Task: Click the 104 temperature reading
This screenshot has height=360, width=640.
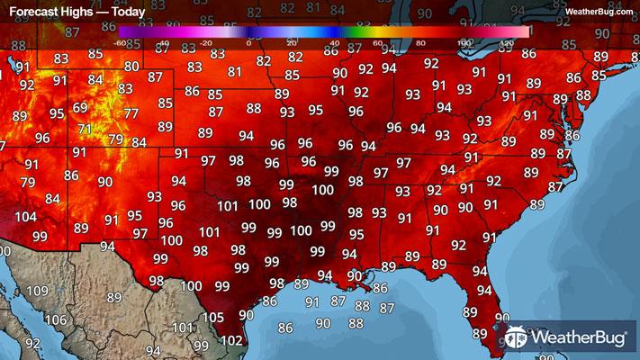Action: pyautogui.click(x=27, y=219)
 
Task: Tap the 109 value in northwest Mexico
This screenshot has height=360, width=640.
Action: pyautogui.click(x=38, y=291)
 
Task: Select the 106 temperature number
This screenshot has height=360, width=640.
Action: pyautogui.click(x=56, y=320)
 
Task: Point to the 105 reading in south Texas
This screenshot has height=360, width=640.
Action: pyautogui.click(x=213, y=318)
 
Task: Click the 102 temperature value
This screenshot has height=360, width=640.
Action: pyautogui.click(x=231, y=340)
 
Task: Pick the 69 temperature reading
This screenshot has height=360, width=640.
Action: pyautogui.click(x=80, y=108)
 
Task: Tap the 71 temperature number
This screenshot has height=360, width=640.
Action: pyautogui.click(x=86, y=129)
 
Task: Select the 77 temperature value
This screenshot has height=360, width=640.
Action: pyautogui.click(x=131, y=113)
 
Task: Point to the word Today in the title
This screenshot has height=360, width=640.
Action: pyautogui.click(x=129, y=13)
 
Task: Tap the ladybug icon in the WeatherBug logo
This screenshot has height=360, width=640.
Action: pyautogui.click(x=518, y=338)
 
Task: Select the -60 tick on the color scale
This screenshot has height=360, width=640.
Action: pyautogui.click(x=120, y=42)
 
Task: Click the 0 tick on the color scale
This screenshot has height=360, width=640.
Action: pyautogui.click(x=248, y=42)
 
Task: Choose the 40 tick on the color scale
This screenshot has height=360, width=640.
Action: pyautogui.click(x=335, y=42)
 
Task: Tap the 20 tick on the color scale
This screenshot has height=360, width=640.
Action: pyautogui.click(x=292, y=42)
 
